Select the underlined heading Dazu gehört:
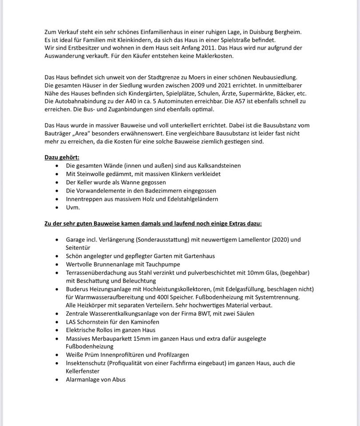62,158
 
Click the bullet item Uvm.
73,207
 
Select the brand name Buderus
79,289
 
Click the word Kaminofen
145,322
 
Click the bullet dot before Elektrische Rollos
56,330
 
